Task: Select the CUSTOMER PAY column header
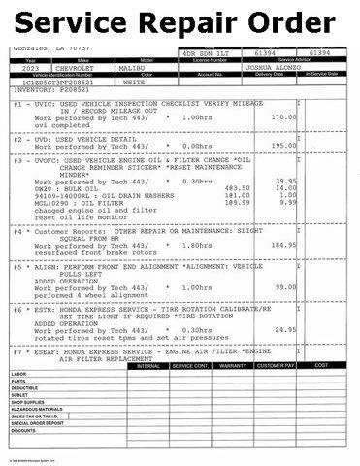(275, 366)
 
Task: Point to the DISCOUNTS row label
(23, 430)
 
